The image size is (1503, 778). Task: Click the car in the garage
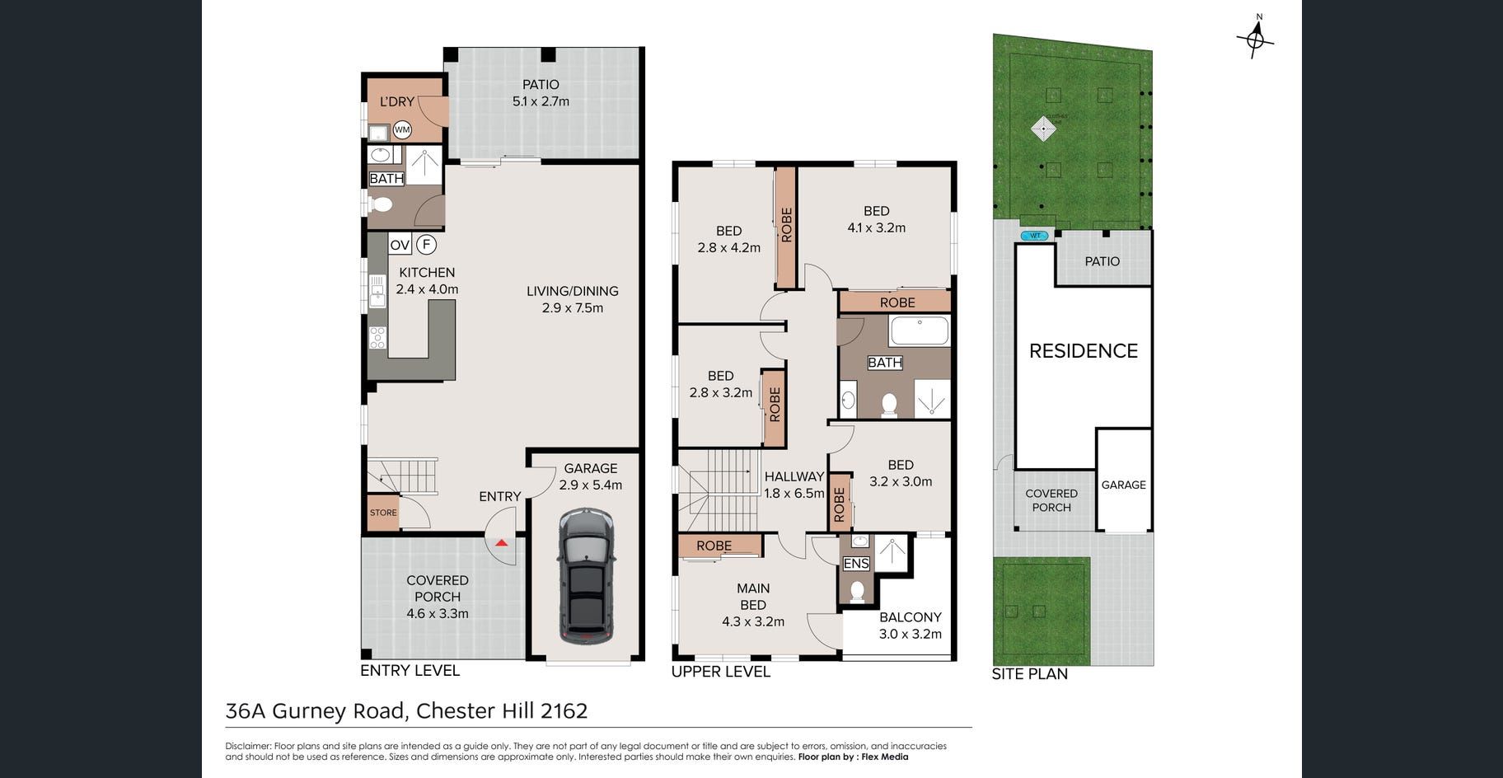point(586,576)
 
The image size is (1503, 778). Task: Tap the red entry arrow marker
point(501,543)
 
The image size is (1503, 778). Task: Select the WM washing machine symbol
point(402,129)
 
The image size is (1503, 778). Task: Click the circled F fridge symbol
point(427,244)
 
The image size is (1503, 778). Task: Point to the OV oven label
point(400,245)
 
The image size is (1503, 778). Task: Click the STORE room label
point(383,513)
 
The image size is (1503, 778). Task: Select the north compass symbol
point(1256,37)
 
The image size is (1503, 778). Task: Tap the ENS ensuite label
point(856,564)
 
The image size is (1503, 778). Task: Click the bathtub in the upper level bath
point(919,331)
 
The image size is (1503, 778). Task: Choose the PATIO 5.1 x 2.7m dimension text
point(541,101)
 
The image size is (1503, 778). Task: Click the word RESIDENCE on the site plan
point(1084,351)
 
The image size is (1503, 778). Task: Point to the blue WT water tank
point(1035,236)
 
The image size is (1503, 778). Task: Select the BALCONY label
point(911,617)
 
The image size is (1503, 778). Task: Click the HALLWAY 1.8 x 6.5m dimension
point(794,494)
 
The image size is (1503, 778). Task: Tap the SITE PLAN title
point(1030,674)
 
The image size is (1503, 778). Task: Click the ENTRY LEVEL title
point(410,671)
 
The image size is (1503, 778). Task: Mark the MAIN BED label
point(753,597)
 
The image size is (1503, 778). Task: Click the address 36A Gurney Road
point(315,711)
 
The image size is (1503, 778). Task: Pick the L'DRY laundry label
point(396,101)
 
